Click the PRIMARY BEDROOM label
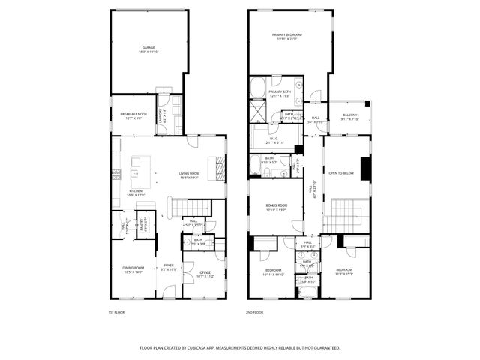coord(287,35)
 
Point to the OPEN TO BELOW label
coord(341,173)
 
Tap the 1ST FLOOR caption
coord(117,312)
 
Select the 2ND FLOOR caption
coord(255,312)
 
